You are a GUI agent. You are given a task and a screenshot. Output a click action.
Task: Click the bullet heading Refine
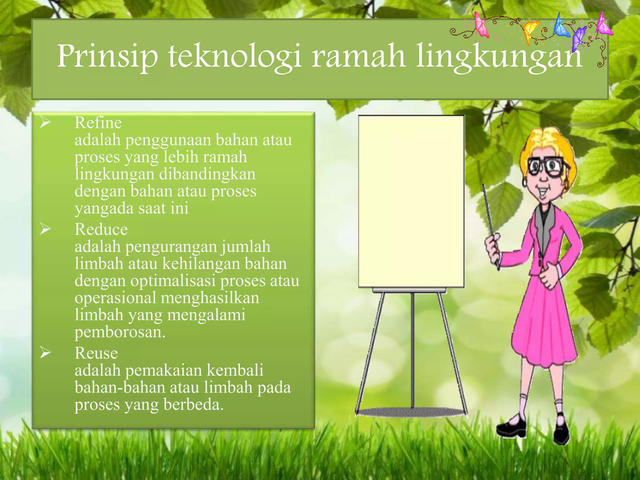(x=98, y=122)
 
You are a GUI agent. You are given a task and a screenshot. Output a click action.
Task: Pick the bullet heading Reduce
(x=101, y=229)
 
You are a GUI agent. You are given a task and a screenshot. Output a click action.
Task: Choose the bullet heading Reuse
(x=96, y=353)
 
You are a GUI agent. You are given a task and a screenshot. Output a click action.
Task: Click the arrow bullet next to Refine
(x=45, y=122)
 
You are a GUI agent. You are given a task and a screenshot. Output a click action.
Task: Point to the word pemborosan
(x=120, y=332)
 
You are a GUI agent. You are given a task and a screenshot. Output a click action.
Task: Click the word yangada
(x=104, y=208)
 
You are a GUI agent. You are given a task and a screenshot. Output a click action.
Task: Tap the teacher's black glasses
(x=546, y=167)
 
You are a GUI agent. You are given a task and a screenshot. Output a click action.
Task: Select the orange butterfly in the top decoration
(x=529, y=31)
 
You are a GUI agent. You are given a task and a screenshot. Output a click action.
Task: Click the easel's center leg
(x=412, y=350)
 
